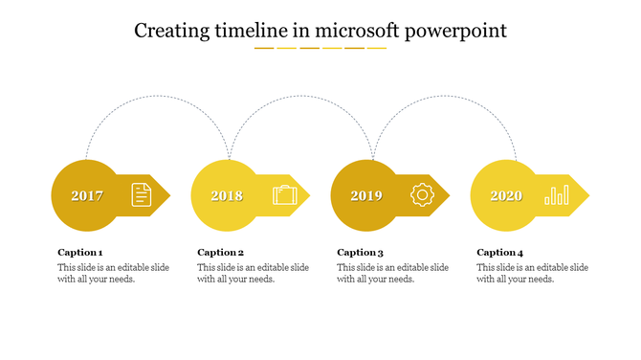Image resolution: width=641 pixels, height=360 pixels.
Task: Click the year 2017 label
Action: click(87, 196)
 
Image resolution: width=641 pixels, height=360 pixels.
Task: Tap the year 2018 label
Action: click(227, 196)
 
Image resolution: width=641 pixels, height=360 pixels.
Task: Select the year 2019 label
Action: click(366, 196)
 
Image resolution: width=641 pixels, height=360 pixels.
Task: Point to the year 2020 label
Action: click(506, 196)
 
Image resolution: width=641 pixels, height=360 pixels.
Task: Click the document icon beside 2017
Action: click(142, 195)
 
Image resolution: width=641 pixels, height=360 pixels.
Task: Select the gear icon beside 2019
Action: click(422, 195)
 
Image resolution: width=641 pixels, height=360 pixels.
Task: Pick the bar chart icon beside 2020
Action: click(556, 195)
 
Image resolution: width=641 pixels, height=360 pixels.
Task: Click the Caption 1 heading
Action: click(80, 253)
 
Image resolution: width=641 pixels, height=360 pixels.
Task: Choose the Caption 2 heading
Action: click(221, 253)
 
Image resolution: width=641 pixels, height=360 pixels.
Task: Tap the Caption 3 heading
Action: click(361, 253)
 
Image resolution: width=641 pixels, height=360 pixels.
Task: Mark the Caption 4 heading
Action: click(500, 253)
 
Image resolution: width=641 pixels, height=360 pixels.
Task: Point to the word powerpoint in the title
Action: click(456, 32)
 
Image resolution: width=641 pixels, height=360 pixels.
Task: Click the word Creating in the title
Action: click(167, 32)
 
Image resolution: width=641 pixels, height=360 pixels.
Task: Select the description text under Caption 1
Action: click(113, 274)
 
